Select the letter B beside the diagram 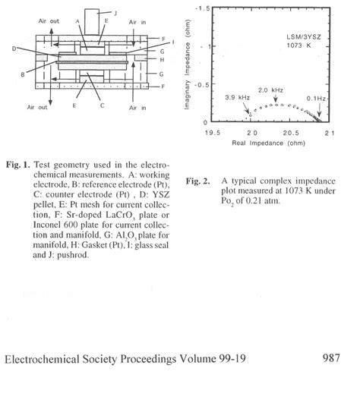point(24,74)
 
